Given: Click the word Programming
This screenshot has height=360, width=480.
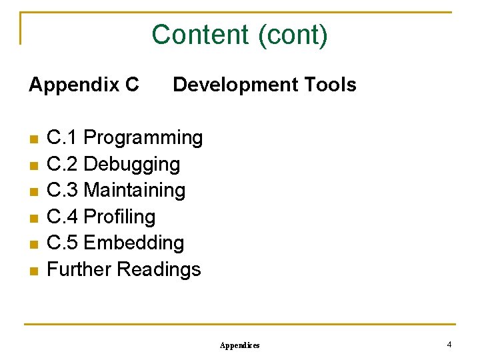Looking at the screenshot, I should point(143,138).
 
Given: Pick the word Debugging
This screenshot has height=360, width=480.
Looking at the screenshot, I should point(132,164).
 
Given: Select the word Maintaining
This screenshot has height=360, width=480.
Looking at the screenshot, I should point(135,190).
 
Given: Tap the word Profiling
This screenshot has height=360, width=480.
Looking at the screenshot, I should point(120,217).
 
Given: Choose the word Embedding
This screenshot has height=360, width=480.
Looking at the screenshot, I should point(134,243).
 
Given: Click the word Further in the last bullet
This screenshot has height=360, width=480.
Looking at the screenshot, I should point(79,269).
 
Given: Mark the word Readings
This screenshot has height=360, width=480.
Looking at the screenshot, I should point(159,269).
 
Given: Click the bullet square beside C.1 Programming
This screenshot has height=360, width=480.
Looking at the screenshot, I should point(34,139).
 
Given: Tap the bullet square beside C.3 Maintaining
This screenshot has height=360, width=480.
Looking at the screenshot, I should point(34,192).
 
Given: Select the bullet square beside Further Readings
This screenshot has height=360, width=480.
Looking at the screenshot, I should point(34,271).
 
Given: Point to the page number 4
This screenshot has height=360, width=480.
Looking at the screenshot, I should point(449,345).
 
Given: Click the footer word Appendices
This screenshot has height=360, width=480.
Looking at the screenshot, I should point(240,345).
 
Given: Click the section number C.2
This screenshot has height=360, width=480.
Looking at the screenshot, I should point(63,164).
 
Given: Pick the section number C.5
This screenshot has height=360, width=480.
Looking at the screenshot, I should point(63,243).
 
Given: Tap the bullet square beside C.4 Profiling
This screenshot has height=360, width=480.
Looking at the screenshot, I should point(34,218).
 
